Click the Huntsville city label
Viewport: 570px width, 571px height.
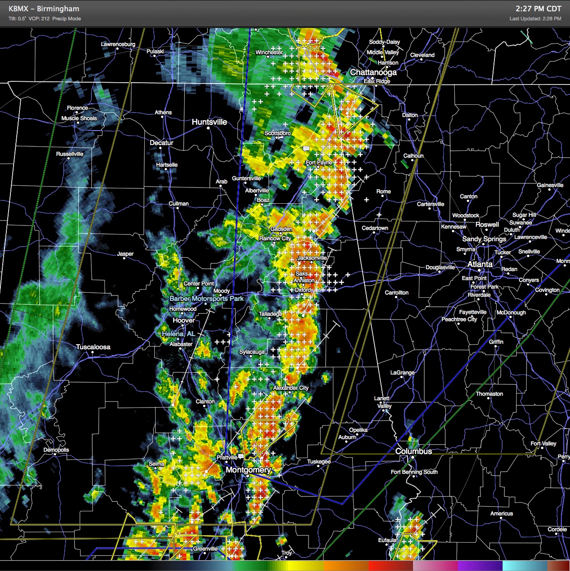209,122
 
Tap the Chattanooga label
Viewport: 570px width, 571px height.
373,72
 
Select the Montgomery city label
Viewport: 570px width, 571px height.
248,470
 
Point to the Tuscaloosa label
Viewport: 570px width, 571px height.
93,347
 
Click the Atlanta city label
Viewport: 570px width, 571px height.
480,264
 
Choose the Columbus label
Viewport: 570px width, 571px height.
413,451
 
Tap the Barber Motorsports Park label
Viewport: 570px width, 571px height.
206,299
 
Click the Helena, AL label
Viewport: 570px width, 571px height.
178,334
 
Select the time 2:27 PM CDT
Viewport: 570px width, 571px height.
538,9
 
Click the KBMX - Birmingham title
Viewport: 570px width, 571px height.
44,9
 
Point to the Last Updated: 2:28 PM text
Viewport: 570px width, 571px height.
535,19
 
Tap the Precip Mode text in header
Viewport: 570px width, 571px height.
66,19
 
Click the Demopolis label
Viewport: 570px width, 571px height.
56,450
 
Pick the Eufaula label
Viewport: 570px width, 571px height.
387,540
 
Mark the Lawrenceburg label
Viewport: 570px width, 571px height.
118,44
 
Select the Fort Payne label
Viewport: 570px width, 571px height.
319,163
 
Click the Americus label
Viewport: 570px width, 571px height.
501,514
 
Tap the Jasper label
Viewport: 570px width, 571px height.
125,254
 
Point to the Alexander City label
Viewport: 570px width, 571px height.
291,388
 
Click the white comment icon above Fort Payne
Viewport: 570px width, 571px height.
306,148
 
